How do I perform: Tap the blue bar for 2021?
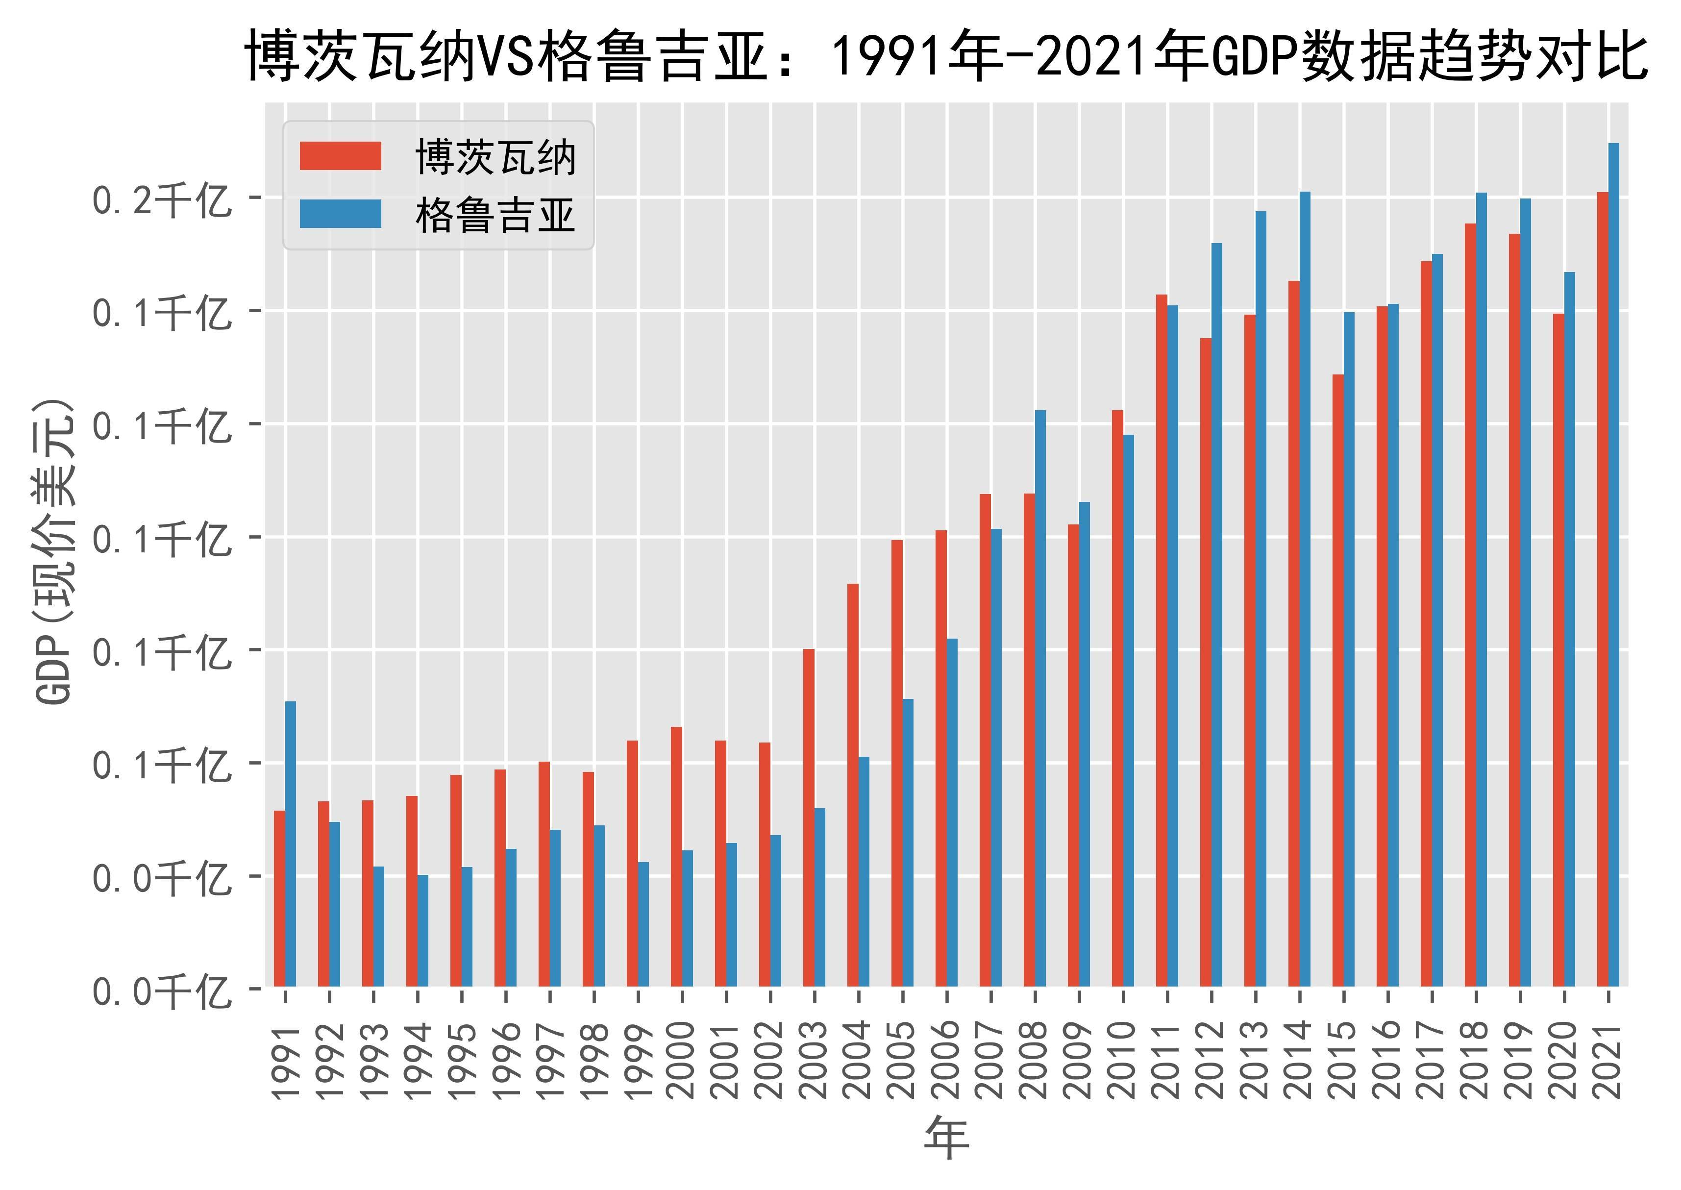pyautogui.click(x=1613, y=564)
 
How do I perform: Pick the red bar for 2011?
pyautogui.click(x=1162, y=641)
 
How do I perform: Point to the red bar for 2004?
pyautogui.click(x=852, y=785)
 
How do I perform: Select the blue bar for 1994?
pyautogui.click(x=423, y=931)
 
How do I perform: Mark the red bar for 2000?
pyautogui.click(x=676, y=857)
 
